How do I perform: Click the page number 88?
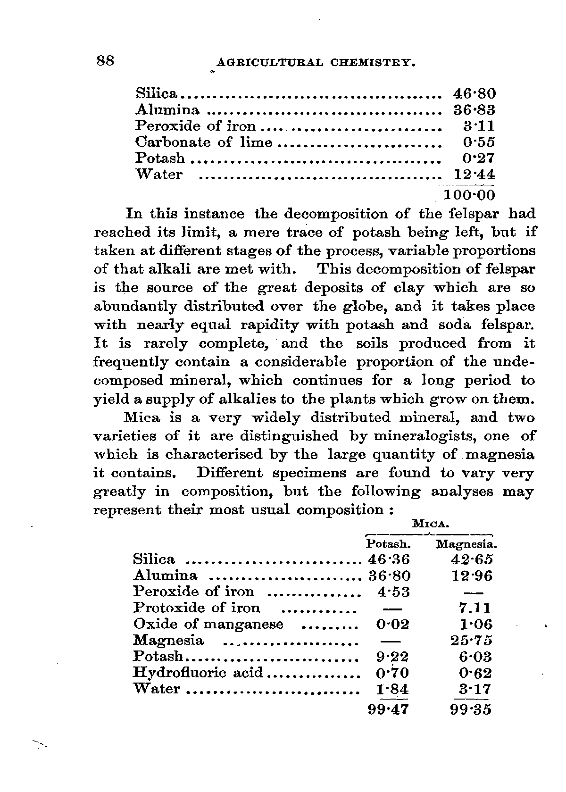click(x=106, y=61)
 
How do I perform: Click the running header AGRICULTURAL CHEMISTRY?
click(x=315, y=63)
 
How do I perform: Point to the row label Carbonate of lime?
click(x=204, y=142)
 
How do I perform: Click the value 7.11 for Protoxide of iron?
click(x=472, y=608)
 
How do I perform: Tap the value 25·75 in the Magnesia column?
click(x=472, y=641)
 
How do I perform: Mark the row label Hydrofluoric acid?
click(x=198, y=672)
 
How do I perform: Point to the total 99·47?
click(x=388, y=709)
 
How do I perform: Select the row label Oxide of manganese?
click(x=208, y=624)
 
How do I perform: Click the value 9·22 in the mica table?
click(x=393, y=657)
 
